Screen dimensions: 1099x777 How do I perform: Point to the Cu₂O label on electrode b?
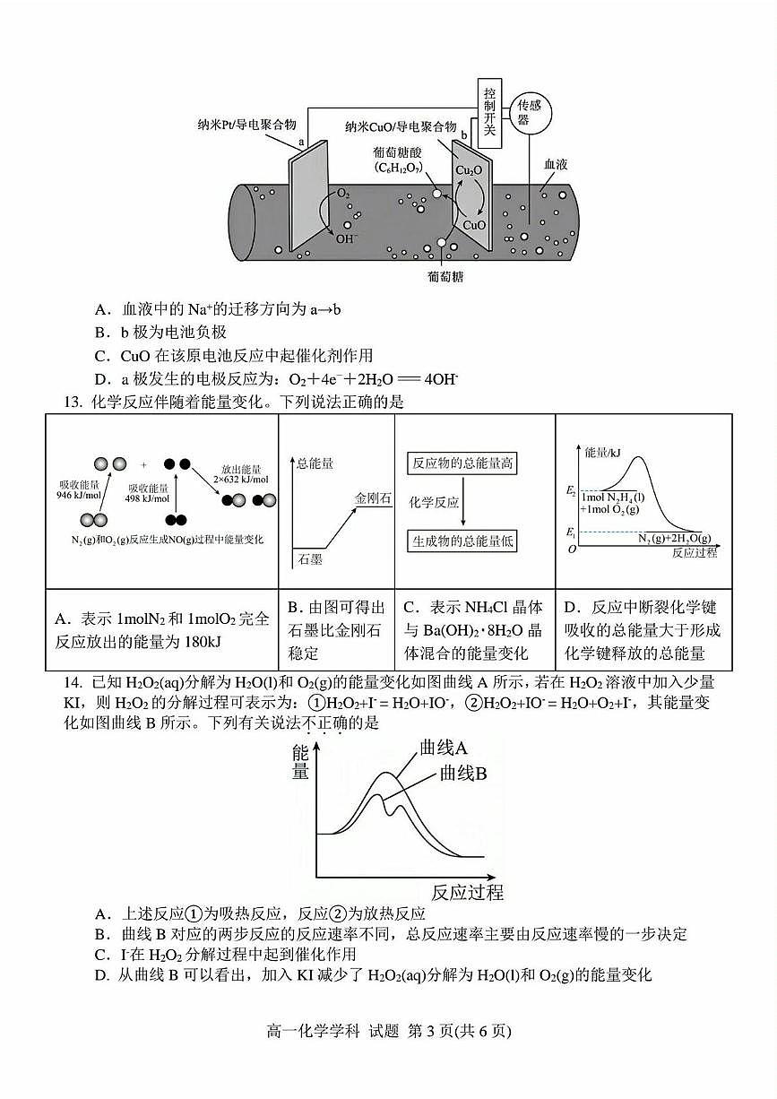tap(469, 170)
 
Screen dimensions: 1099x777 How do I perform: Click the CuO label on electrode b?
tap(474, 225)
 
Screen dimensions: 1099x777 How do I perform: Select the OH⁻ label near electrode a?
tap(347, 238)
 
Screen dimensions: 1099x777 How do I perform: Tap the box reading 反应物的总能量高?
tap(462, 463)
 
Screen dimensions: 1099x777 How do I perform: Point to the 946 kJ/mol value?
tap(77, 496)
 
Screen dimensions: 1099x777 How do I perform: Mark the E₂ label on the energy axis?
tap(571, 491)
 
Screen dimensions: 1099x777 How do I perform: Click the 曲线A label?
tap(445, 749)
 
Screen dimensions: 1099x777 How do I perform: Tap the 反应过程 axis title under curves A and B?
tap(467, 893)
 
